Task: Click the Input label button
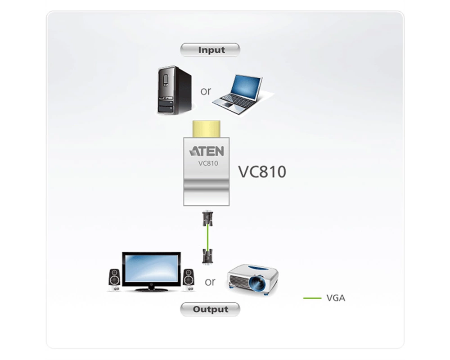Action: pos(210,49)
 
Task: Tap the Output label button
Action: pos(210,309)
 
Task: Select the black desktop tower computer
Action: pos(175,90)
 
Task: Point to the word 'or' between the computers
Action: pos(206,91)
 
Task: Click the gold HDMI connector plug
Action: pos(207,129)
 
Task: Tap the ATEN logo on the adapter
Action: pos(207,151)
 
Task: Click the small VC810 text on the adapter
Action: pos(208,163)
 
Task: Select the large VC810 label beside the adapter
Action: pos(262,171)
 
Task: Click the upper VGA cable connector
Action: pos(207,219)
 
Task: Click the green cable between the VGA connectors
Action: pos(207,238)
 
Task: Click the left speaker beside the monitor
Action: pos(114,279)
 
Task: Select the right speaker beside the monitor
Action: pos(189,279)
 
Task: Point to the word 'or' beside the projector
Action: pos(210,282)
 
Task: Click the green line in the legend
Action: pos(312,298)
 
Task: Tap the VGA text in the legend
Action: pos(336,298)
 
